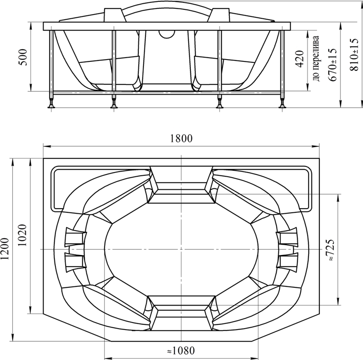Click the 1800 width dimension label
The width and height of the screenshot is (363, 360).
click(x=181, y=138)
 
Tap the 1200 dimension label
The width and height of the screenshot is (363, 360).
click(x=5, y=249)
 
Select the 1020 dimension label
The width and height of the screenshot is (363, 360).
click(x=23, y=235)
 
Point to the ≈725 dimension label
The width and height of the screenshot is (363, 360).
click(x=330, y=250)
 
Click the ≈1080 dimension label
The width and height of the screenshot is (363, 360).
click(x=181, y=351)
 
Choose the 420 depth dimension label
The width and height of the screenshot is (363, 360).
click(x=300, y=59)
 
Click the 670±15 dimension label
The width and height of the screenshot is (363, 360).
click(x=332, y=65)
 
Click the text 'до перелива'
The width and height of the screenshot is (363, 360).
click(x=316, y=58)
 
